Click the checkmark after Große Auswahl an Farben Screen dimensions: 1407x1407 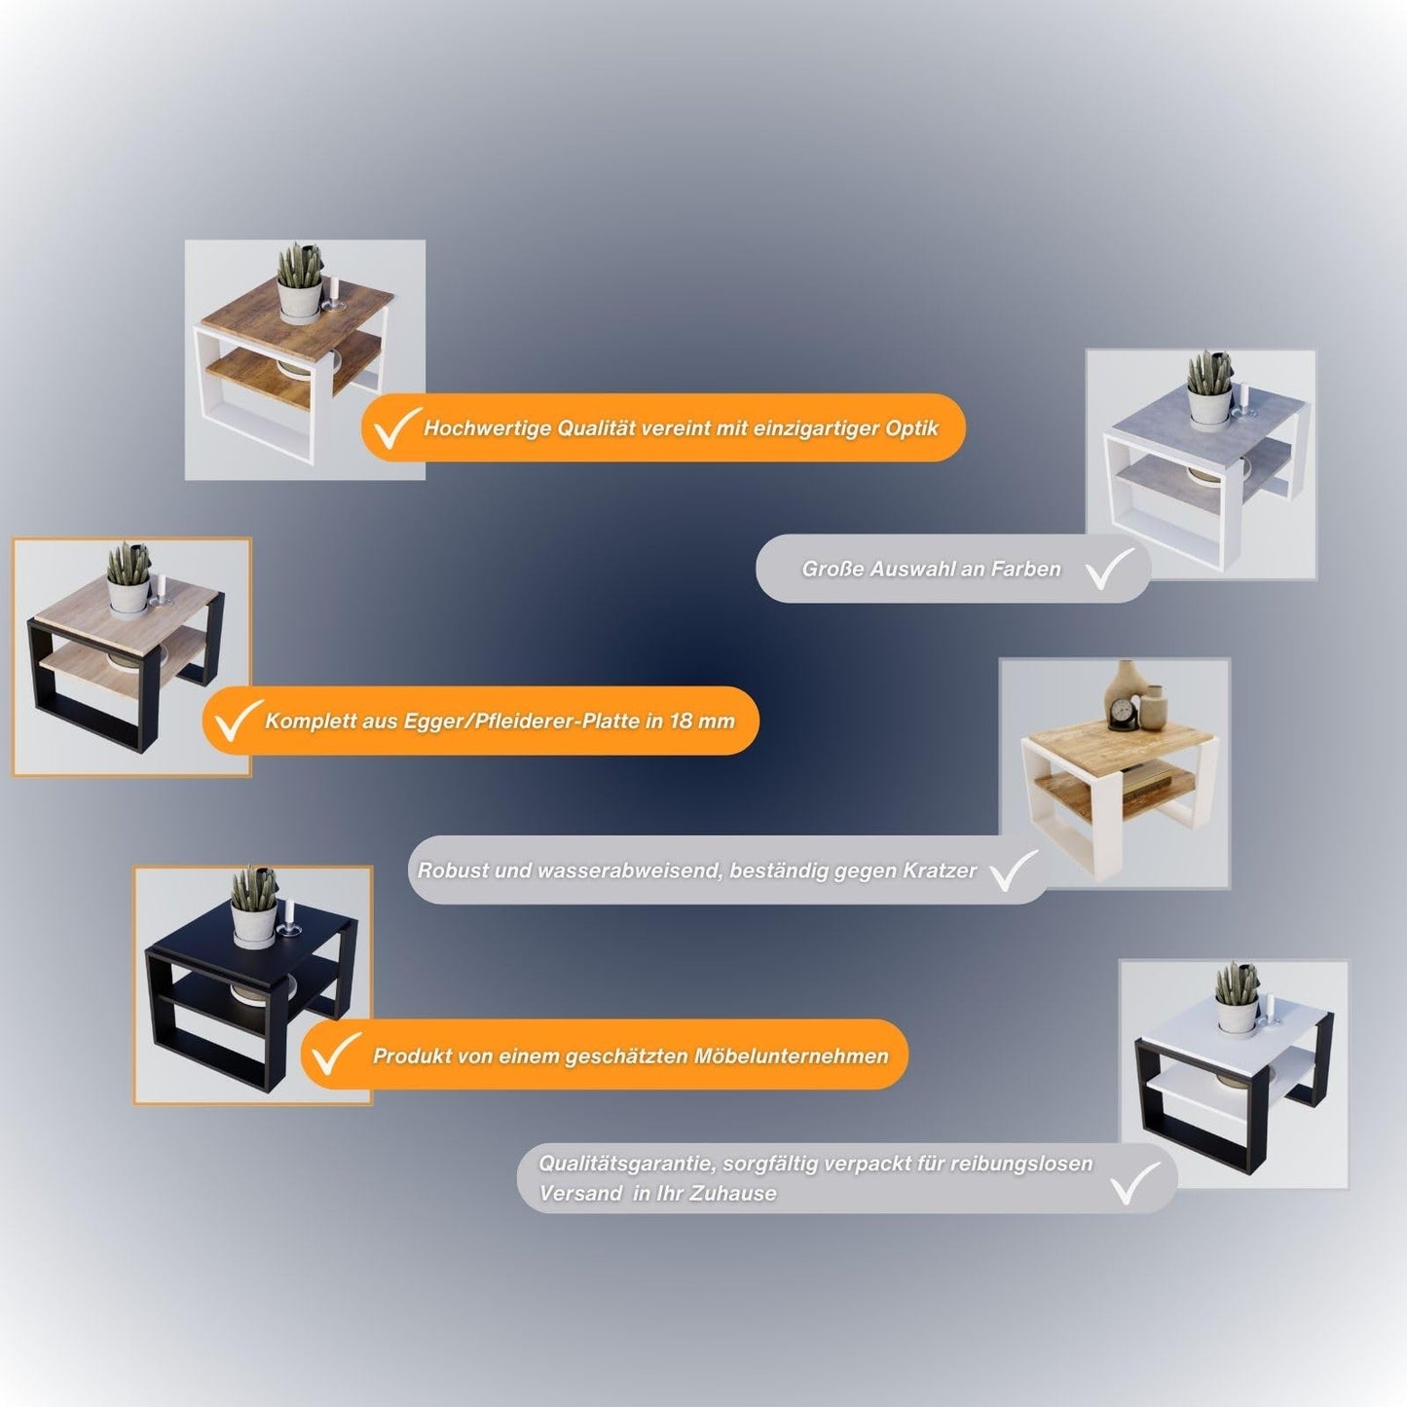point(1110,570)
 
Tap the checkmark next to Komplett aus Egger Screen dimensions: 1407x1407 point(238,721)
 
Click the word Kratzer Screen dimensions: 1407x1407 point(940,870)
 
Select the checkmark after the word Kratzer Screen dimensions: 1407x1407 point(1015,870)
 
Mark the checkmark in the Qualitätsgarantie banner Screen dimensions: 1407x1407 point(1134,1181)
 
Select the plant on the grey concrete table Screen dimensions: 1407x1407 point(1210,389)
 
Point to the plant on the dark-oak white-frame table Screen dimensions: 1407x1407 point(299,282)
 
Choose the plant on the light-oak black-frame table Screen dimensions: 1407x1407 point(130,577)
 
